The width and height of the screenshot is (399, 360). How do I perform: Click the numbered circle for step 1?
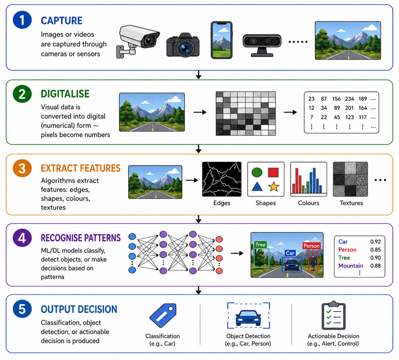[x=22, y=20]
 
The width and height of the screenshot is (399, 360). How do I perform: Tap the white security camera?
[x=138, y=41]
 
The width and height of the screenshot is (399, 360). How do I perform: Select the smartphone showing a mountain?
[x=221, y=40]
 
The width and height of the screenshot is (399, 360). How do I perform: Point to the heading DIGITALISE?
[x=65, y=94]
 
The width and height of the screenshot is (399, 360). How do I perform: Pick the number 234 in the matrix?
[x=349, y=99]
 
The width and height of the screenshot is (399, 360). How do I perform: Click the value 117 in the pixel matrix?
[x=362, y=117]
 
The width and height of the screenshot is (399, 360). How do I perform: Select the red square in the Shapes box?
[x=273, y=172]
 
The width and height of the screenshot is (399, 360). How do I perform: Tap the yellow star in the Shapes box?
[x=274, y=187]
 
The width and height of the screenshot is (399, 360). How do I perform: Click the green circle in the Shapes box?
[x=257, y=172]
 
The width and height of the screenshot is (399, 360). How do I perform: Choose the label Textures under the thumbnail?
[x=351, y=203]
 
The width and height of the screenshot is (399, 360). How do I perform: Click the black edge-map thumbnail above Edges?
[x=222, y=179]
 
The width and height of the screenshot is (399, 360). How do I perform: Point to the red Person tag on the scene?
[x=311, y=246]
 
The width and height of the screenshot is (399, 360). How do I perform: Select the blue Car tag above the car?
[x=290, y=253]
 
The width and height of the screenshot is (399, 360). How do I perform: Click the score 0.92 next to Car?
[x=375, y=242]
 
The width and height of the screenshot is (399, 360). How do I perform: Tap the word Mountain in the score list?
[x=351, y=266]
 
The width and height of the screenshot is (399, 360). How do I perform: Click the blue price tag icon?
[x=163, y=315]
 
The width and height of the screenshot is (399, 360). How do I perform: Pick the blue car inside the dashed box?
[x=248, y=318]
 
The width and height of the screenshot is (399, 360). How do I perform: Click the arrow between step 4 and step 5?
[x=199, y=290]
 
